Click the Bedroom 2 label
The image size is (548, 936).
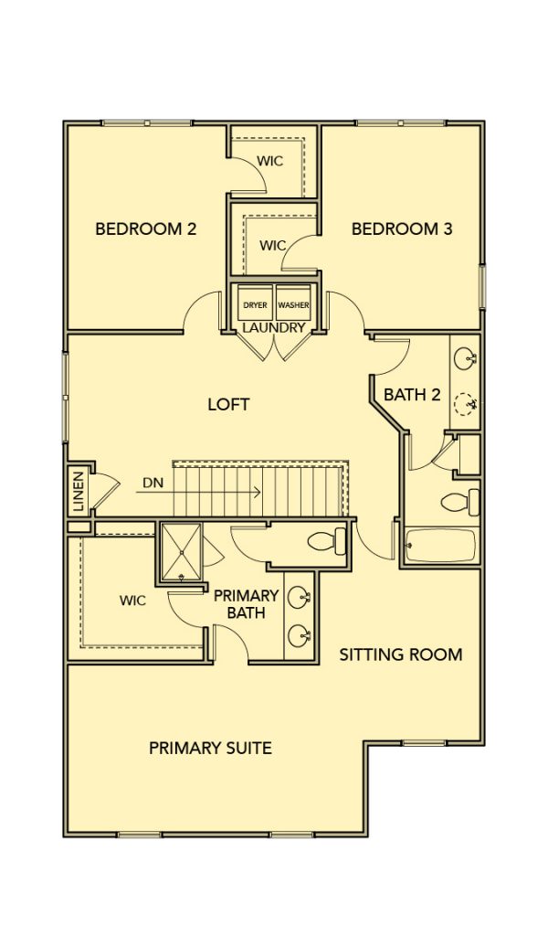(146, 229)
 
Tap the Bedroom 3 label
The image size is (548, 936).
(401, 229)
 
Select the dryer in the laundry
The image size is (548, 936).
(255, 303)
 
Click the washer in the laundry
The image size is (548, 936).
(293, 303)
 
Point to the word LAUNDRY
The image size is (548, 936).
(274, 328)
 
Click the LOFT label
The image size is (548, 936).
(228, 404)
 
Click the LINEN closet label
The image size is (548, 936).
(79, 492)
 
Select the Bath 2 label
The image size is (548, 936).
(412, 395)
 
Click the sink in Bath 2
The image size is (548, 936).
(465, 359)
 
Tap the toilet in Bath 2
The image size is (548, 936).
(460, 502)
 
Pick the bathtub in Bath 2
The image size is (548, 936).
(440, 545)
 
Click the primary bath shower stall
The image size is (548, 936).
(181, 552)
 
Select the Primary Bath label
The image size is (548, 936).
(247, 603)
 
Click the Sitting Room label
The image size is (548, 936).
(401, 654)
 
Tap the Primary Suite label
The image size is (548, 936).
(210, 748)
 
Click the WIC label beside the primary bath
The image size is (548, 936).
(132, 601)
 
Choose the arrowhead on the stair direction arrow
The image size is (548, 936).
(258, 492)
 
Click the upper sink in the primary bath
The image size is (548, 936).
(299, 596)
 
